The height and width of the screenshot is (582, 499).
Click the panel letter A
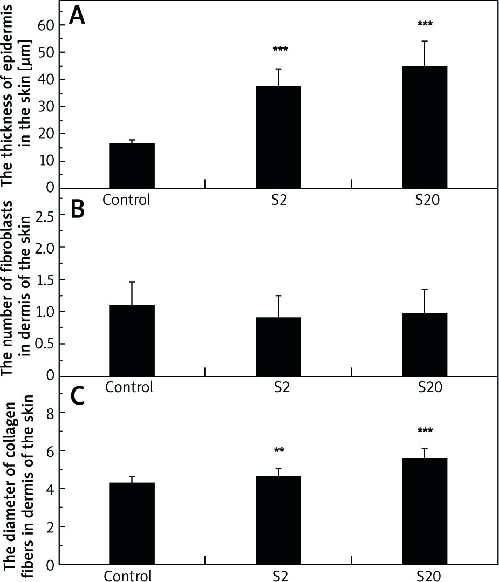point(77,17)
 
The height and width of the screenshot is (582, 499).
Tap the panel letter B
point(78,209)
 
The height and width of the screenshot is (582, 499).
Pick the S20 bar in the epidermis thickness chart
point(425,127)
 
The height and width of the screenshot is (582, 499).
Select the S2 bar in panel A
point(278,137)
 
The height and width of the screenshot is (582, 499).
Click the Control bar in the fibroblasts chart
point(132,341)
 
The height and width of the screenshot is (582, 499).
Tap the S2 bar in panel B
point(278,347)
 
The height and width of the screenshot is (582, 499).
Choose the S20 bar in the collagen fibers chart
point(425,511)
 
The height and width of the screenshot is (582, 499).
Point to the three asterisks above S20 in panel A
point(425,24)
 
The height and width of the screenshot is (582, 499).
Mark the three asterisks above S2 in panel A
point(280,50)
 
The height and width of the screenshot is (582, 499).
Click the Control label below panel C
point(127,574)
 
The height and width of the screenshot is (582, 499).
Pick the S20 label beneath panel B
point(429,387)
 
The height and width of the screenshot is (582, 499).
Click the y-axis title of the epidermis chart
point(15,94)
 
